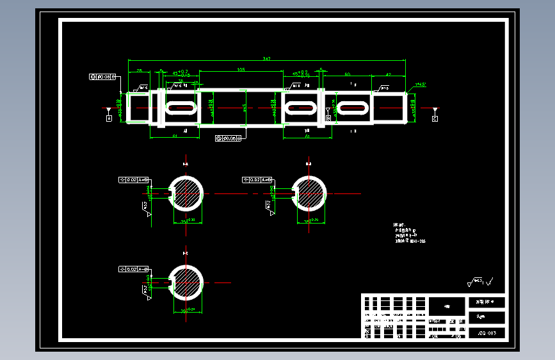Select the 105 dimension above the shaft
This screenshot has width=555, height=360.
point(241,69)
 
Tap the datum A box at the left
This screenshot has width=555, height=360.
point(109,119)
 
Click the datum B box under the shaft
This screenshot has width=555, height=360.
point(328,119)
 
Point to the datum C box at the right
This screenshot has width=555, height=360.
point(435,119)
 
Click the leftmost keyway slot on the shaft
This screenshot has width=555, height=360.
point(182,108)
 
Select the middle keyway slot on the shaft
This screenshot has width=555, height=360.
point(300,108)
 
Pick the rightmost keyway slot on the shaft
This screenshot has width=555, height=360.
point(353,108)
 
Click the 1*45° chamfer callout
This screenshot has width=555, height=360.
point(421,84)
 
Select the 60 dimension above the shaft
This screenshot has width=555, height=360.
point(347,75)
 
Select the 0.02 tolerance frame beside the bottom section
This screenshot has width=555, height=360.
point(134,269)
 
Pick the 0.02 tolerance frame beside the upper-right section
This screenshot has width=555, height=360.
point(257,180)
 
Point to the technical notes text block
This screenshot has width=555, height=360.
point(409,233)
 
